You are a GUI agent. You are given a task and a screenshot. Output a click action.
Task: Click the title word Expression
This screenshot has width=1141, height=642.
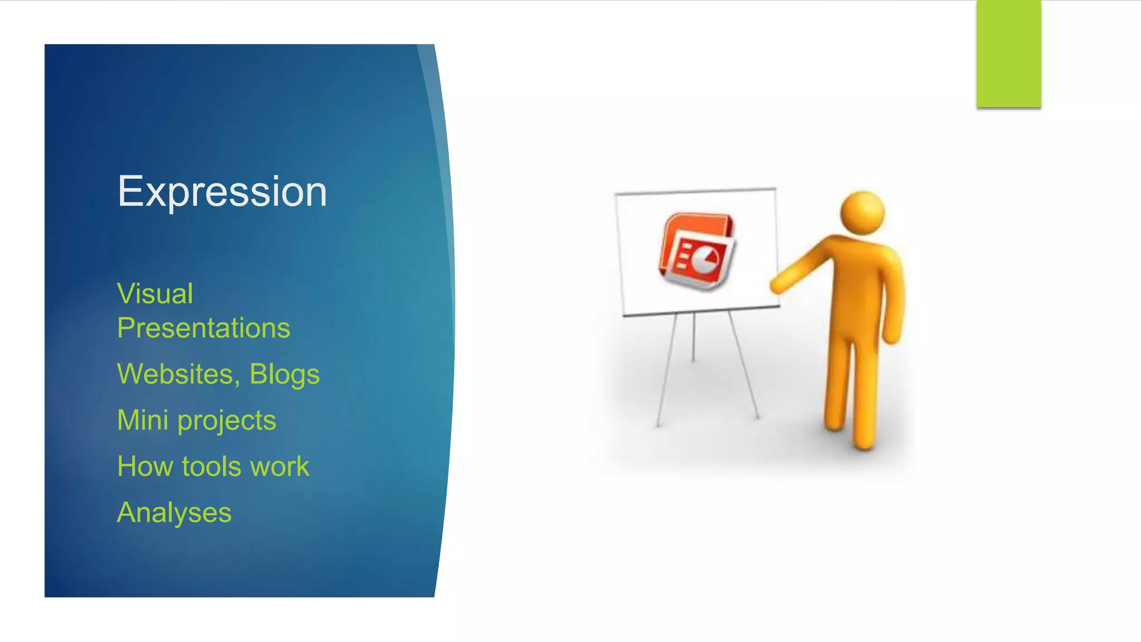click(222, 192)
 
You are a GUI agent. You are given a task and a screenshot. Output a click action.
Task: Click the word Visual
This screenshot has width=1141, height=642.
click(155, 294)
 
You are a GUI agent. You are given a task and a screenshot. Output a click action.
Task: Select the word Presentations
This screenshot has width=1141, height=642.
click(203, 328)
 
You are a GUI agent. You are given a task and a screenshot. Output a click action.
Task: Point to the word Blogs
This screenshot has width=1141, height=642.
click(284, 374)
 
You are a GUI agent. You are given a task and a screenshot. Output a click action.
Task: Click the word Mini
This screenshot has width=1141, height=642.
click(143, 420)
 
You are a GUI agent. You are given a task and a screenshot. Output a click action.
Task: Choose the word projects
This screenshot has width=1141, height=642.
click(227, 421)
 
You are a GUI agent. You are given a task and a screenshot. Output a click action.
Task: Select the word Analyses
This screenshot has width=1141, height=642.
click(174, 513)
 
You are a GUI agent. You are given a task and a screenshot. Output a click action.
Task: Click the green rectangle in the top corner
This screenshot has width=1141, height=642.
click(1008, 53)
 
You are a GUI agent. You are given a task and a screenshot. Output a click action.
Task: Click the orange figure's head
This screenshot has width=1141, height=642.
click(862, 213)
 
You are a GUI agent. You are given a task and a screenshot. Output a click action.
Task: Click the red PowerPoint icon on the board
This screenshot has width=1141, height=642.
click(696, 251)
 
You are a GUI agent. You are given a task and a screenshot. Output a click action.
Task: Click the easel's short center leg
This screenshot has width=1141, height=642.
click(693, 338)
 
